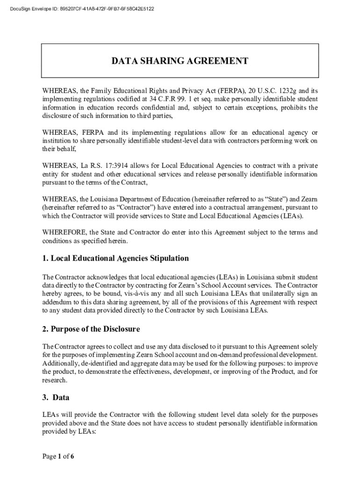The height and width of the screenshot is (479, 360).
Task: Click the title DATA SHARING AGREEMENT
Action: pyautogui.click(x=180, y=61)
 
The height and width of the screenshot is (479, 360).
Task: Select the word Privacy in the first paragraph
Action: pyautogui.click(x=169, y=91)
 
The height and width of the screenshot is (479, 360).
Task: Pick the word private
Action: pyautogui.click(x=306, y=166)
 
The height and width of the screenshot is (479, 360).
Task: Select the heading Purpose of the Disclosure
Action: pyautogui.click(x=91, y=329)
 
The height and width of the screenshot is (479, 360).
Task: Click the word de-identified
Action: pyautogui.click(x=95, y=363)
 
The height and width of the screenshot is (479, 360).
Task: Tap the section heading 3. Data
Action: pyautogui.click(x=56, y=398)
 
